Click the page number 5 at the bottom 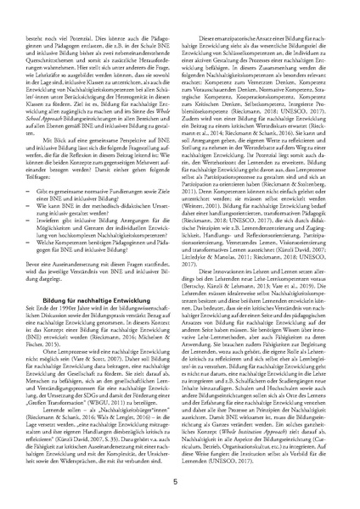[317, 482]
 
